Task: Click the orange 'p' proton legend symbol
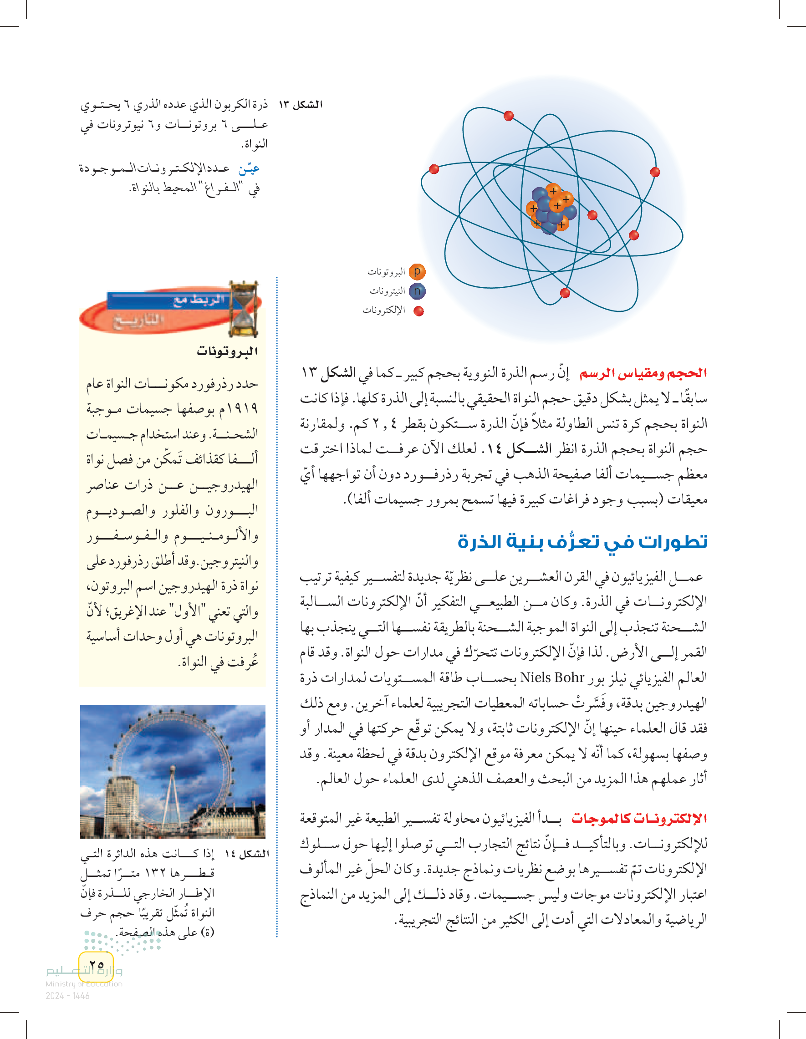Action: pos(417,272)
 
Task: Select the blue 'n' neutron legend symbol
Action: pos(417,291)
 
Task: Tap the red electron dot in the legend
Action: pos(418,311)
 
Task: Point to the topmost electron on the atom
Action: pos(509,116)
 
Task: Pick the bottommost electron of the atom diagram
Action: pos(565,293)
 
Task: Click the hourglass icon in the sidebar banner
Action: pos(244,309)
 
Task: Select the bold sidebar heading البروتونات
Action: pos(227,351)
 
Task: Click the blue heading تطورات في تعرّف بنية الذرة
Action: pos(582,542)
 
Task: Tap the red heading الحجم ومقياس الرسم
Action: pos(643,373)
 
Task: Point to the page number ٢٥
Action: pos(97,965)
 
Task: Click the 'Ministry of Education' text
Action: pos(84,984)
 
